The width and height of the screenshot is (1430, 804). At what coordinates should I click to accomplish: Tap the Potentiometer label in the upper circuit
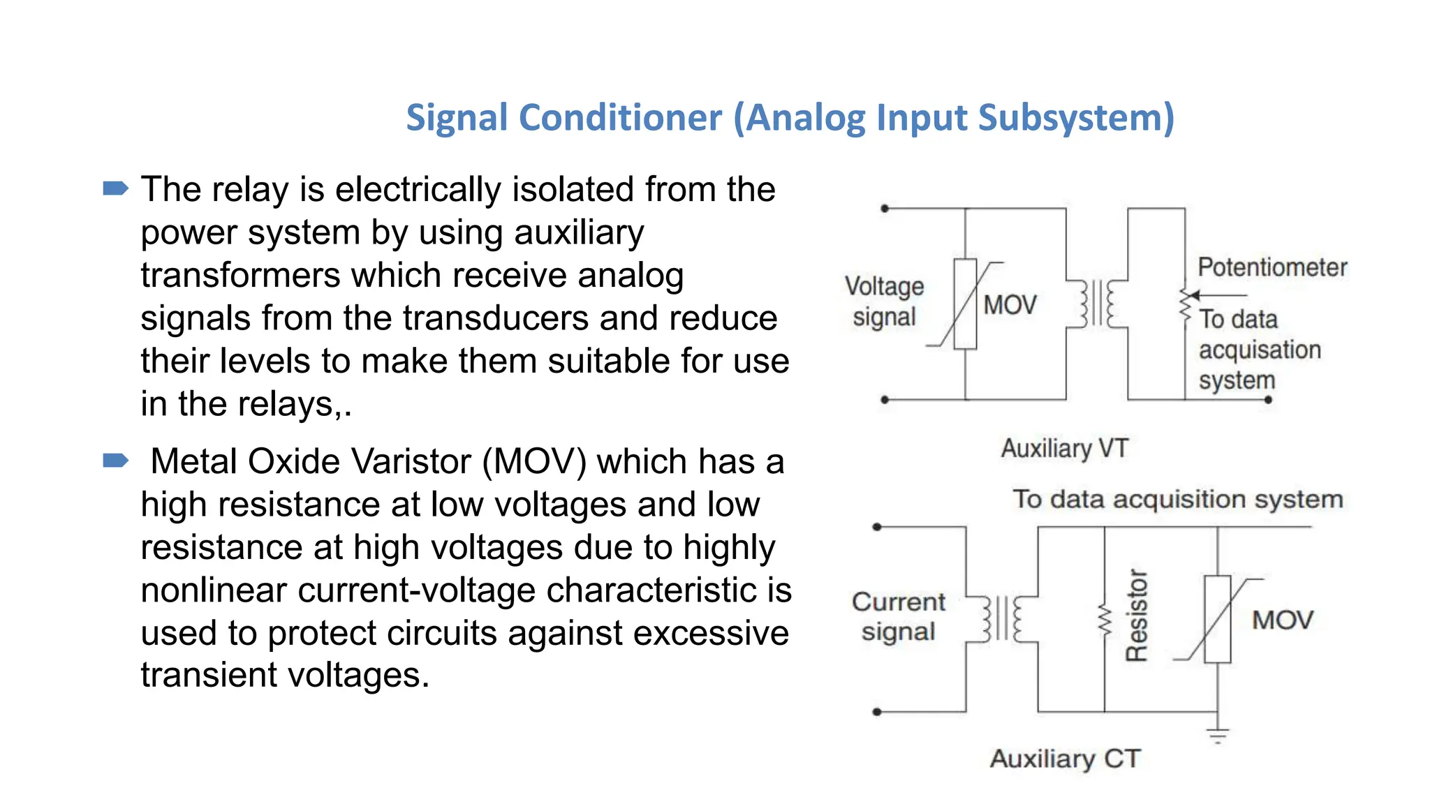point(1272,267)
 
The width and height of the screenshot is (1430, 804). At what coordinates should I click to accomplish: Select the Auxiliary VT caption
point(1064,448)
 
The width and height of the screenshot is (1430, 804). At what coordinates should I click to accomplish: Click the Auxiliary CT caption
point(1065,758)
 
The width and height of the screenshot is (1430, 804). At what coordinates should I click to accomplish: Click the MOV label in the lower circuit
point(1283,620)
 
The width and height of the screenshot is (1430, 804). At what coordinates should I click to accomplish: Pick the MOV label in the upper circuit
point(1010,305)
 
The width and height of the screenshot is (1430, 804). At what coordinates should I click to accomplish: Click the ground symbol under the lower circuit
point(1218,734)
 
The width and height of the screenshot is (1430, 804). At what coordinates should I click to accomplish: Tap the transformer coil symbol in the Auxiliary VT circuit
point(1097,304)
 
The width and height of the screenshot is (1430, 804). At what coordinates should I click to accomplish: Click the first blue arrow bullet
point(115,188)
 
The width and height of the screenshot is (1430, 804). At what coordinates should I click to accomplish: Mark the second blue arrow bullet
point(115,461)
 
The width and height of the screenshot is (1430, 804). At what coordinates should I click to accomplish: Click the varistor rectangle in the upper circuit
point(965,304)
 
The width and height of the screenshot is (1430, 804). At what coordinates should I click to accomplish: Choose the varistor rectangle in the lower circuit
point(1218,619)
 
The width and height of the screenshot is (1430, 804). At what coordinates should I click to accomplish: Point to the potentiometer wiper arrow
point(1218,295)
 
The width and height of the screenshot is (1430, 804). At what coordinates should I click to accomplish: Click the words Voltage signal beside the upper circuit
point(884,301)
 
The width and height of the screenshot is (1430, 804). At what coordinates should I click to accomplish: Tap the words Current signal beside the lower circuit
point(898,617)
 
